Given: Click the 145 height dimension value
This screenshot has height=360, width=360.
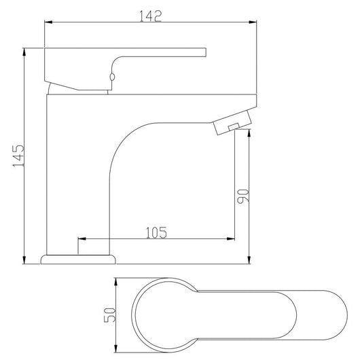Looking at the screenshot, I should pyautogui.click(x=18, y=157).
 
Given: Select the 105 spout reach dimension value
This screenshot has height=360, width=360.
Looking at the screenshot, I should pyautogui.click(x=156, y=232).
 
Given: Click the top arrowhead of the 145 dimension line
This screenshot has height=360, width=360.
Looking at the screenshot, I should pyautogui.click(x=24, y=52).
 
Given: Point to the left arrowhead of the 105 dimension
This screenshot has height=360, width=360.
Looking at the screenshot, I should pyautogui.click(x=82, y=239).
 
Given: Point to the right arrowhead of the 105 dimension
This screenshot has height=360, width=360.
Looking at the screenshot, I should pyautogui.click(x=232, y=239).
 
